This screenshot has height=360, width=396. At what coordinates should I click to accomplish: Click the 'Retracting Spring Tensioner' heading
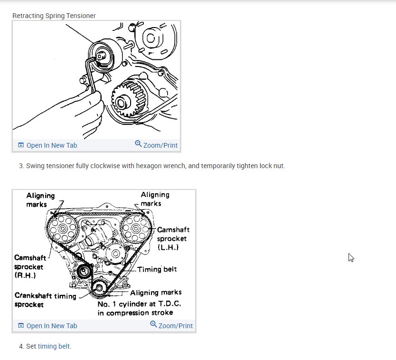[54, 16]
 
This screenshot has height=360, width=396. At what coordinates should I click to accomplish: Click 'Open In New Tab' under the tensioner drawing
[47, 145]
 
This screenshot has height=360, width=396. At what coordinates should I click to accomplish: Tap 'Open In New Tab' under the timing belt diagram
[47, 326]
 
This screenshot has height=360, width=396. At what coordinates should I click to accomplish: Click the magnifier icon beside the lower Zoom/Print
[153, 324]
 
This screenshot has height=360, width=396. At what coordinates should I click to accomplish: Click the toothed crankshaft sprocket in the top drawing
[126, 99]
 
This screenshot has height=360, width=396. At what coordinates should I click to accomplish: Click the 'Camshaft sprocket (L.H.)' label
[173, 238]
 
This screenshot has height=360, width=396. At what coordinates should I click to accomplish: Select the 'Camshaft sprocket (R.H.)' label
[30, 266]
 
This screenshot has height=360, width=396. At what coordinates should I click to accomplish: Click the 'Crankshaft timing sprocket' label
[45, 300]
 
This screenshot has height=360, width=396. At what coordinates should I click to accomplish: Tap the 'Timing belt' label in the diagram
[157, 269]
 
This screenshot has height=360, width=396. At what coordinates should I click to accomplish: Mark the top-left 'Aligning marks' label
[40, 199]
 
